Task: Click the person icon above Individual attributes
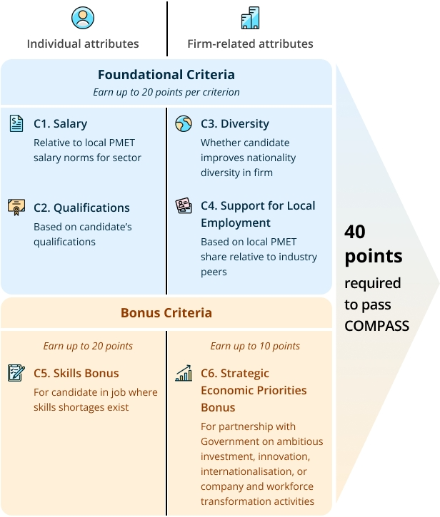pyautogui.click(x=83, y=18)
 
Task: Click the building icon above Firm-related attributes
pyautogui.click(x=250, y=18)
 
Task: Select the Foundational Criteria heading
pyautogui.click(x=166, y=74)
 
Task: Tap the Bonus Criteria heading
pyautogui.click(x=166, y=313)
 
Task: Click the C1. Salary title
pyautogui.click(x=60, y=123)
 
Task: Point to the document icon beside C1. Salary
pyautogui.click(x=16, y=123)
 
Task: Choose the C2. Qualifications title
pyautogui.click(x=81, y=208)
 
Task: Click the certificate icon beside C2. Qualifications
pyautogui.click(x=16, y=208)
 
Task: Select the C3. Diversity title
pyautogui.click(x=234, y=123)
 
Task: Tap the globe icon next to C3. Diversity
pyautogui.click(x=184, y=123)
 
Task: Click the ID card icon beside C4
pyautogui.click(x=184, y=206)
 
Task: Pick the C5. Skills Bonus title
pyautogui.click(x=76, y=373)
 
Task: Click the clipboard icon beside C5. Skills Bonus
pyautogui.click(x=16, y=373)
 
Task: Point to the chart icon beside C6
pyautogui.click(x=184, y=373)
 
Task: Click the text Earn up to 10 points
pyautogui.click(x=255, y=346)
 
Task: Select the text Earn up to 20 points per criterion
pyautogui.click(x=166, y=92)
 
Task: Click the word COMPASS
pyautogui.click(x=376, y=326)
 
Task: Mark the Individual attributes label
pyautogui.click(x=83, y=43)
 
